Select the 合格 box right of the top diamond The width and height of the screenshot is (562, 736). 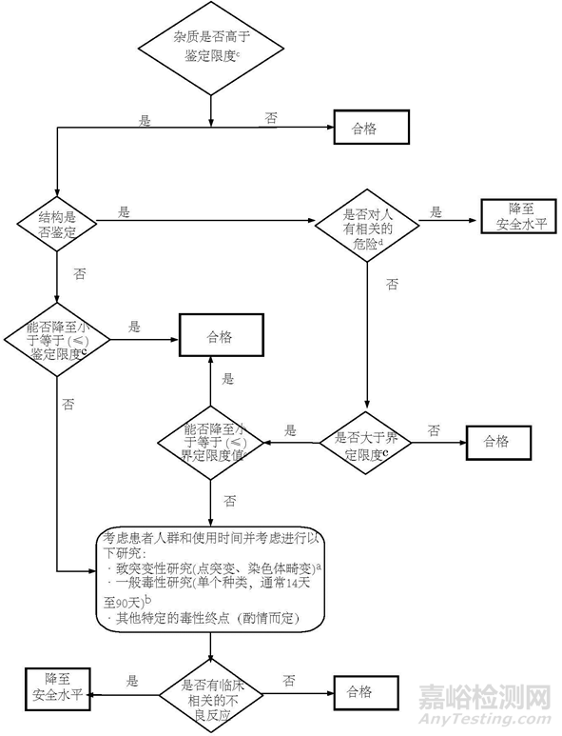pyautogui.click(x=370, y=127)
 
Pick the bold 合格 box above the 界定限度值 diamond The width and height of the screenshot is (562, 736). pyautogui.click(x=221, y=337)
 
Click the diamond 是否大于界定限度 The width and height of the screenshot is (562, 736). pyautogui.click(x=366, y=441)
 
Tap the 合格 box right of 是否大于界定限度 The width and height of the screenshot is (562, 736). pyautogui.click(x=496, y=441)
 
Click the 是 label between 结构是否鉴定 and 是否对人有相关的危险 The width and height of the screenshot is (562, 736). pyautogui.click(x=124, y=212)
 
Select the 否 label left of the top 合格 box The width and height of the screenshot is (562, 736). pyautogui.click(x=272, y=117)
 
